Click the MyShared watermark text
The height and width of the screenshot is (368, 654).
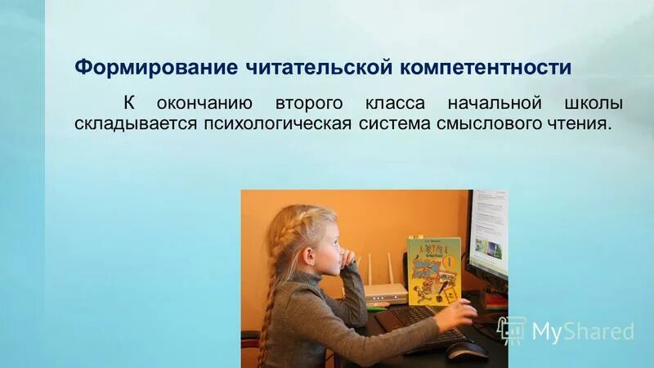pyautogui.click(x=582, y=331)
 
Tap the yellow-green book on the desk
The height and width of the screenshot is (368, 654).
pyautogui.click(x=433, y=267)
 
